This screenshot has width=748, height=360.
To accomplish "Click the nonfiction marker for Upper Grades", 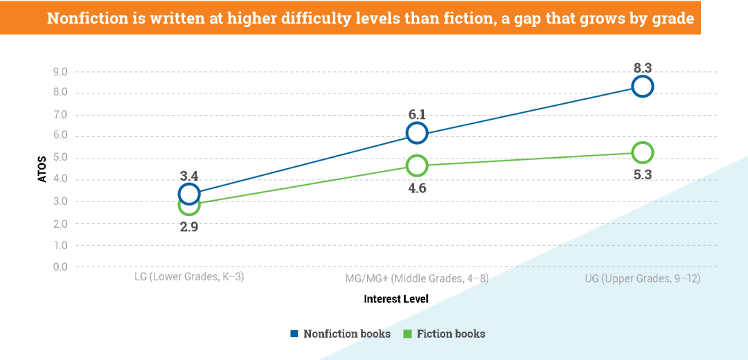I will tap(642, 87).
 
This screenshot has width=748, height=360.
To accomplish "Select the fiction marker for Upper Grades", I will tap(642, 152).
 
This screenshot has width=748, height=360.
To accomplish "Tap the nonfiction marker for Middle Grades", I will tap(416, 134).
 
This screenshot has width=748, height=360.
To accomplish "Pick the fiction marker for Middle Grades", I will tap(416, 165).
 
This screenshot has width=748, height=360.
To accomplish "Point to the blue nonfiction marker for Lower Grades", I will tap(189, 193).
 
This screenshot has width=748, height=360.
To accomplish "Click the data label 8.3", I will tap(642, 68).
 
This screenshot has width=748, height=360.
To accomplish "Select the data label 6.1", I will tap(416, 115).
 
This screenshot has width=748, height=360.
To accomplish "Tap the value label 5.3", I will tap(642, 174).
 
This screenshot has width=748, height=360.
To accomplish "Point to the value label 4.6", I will tap(416, 188).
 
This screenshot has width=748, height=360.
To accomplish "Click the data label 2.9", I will tap(189, 226).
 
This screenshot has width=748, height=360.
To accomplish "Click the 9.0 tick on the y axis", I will tap(60, 72).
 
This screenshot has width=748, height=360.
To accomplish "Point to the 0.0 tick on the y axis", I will tap(60, 267).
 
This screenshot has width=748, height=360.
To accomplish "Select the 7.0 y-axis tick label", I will tap(60, 115).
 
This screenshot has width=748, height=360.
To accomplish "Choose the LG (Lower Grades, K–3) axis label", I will tap(189, 278).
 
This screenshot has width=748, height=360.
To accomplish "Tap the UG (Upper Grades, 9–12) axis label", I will tap(642, 278).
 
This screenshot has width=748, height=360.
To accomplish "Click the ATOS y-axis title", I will tap(42, 169).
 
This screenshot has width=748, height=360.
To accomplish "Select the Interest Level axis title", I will tap(396, 299).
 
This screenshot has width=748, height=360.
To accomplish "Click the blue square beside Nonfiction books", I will tap(294, 334).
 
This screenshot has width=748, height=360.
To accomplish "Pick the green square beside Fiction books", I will tap(408, 334).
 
